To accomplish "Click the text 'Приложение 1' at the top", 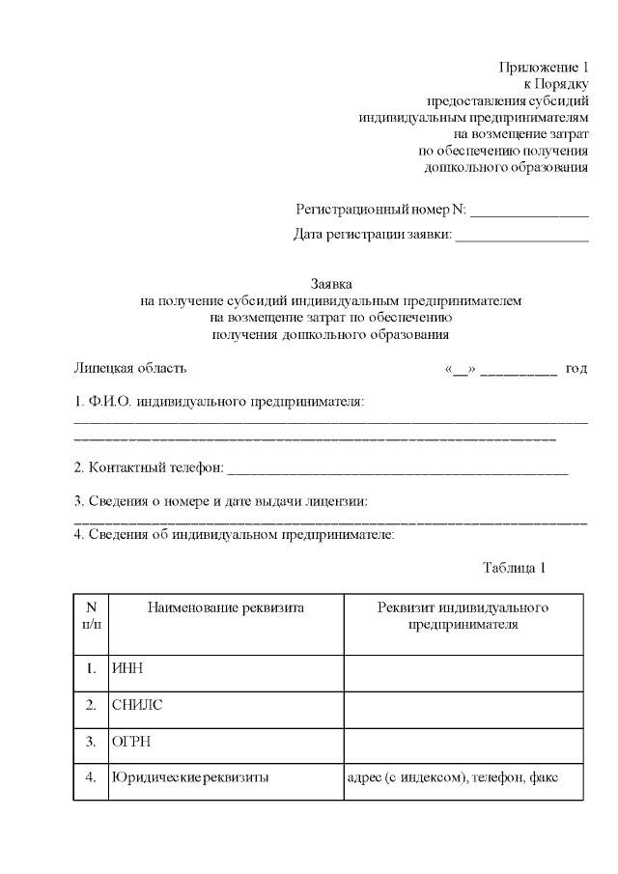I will click(x=544, y=67).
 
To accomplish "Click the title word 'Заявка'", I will click(x=331, y=284).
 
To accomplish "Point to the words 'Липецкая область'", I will click(x=130, y=368).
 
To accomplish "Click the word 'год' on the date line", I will click(x=576, y=369).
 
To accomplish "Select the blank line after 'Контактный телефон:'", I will click(x=397, y=470).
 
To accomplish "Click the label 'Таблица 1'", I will click(x=514, y=568).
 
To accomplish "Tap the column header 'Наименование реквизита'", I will click(x=226, y=608).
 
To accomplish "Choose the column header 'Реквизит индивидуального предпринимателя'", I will click(x=463, y=616).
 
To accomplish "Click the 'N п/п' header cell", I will click(x=92, y=616).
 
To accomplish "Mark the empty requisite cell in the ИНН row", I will click(x=463, y=668).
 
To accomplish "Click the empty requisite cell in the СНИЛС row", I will click(x=463, y=705).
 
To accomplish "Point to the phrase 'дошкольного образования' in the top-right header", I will click(x=507, y=168).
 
